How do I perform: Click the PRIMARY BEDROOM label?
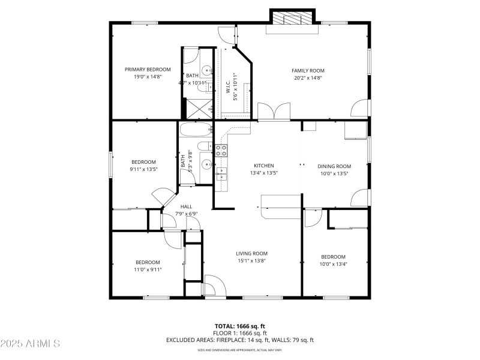pyautogui.click(x=148, y=70)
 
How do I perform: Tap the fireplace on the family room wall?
pyautogui.click(x=292, y=18)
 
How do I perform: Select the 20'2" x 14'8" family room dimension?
pyautogui.click(x=308, y=78)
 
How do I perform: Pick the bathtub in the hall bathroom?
pyautogui.click(x=194, y=129)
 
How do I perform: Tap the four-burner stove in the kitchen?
pyautogui.click(x=221, y=150)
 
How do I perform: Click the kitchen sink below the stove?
pyautogui.click(x=221, y=174)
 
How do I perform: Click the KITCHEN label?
pyautogui.click(x=263, y=166)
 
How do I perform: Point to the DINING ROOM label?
pyautogui.click(x=334, y=166)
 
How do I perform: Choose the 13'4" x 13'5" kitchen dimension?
pyautogui.click(x=263, y=173)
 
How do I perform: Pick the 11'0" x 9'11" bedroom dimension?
pyautogui.click(x=148, y=269)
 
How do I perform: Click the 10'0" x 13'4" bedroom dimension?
pyautogui.click(x=333, y=264)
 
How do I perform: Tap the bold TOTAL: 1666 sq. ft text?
pyautogui.click(x=239, y=326)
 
